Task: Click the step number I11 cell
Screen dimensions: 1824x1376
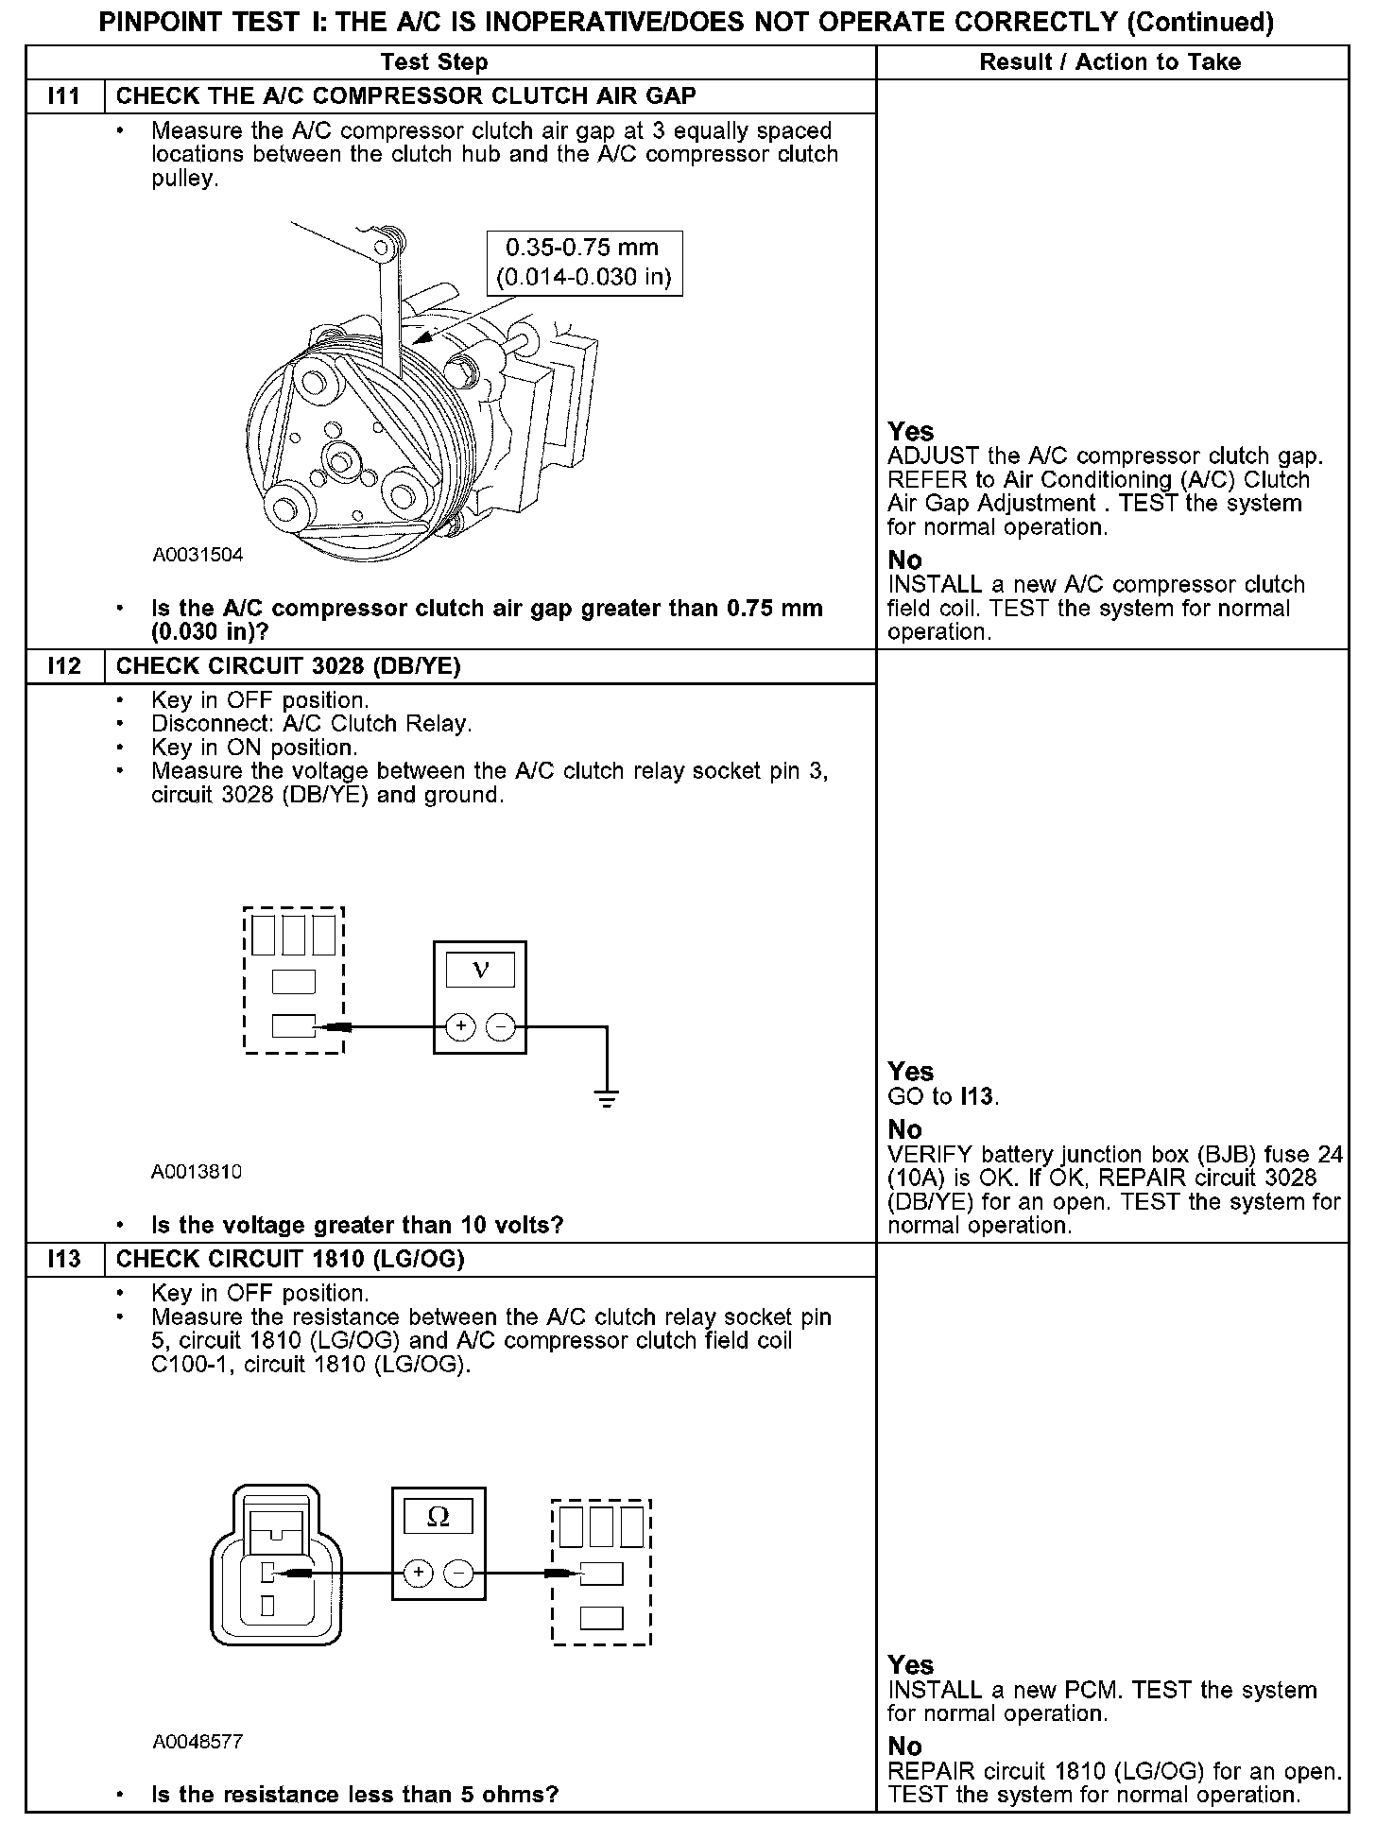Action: [x=64, y=96]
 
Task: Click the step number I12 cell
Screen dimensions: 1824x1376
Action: [x=64, y=666]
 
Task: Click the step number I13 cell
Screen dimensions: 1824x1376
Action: [x=64, y=1259]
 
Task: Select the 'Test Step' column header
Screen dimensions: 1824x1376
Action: [x=434, y=62]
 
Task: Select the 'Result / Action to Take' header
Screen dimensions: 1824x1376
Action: [x=1109, y=62]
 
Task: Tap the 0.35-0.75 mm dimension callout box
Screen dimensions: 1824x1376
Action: [x=583, y=263]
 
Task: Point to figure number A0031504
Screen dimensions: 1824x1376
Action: [x=198, y=555]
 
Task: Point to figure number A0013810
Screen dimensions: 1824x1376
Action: [x=197, y=1172]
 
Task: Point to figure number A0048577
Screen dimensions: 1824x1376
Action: [x=198, y=1741]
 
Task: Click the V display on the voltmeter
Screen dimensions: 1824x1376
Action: [x=480, y=971]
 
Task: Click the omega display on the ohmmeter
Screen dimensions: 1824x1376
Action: [x=439, y=1518]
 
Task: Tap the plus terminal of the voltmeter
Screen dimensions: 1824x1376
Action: [x=460, y=1026]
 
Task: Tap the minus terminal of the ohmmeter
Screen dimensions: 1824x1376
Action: [x=458, y=1574]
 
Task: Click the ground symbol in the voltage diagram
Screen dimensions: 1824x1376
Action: [x=607, y=1098]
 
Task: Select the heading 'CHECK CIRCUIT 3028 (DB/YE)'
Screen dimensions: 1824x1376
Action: [x=288, y=666]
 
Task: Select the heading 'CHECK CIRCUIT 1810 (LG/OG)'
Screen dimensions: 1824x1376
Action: [x=290, y=1259]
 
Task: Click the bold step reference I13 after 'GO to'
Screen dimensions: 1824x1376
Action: [x=978, y=1097]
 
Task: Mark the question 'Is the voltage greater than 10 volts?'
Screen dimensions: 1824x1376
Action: [x=357, y=1226]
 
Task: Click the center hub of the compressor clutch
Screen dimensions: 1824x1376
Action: [x=338, y=461]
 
